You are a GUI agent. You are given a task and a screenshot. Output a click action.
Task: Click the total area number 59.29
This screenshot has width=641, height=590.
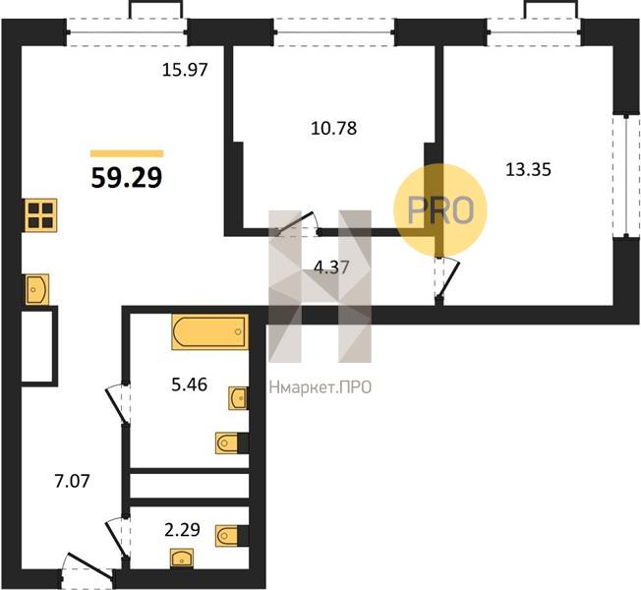coord(127,178)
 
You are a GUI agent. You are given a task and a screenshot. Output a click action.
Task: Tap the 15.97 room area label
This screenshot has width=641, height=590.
coord(185,70)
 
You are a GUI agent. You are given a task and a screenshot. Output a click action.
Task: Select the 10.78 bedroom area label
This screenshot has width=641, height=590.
coord(334,129)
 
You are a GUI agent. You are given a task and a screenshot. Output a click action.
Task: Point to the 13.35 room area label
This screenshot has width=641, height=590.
coord(529,169)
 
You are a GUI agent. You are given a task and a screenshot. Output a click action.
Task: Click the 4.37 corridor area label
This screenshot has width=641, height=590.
coord(331,267)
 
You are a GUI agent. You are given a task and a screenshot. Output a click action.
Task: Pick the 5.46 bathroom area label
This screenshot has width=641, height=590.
coord(190,384)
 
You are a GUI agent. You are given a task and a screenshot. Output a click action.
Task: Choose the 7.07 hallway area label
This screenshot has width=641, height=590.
coord(72,481)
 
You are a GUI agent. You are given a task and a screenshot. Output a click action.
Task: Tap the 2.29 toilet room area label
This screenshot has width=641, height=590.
coord(182,530)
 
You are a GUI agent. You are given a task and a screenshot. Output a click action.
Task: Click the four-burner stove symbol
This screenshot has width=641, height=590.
coord(41,215)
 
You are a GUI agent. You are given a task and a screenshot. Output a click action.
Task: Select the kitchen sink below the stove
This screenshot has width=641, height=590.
coord(37,289)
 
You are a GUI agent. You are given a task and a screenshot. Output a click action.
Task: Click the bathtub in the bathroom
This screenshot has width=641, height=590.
coord(210,331)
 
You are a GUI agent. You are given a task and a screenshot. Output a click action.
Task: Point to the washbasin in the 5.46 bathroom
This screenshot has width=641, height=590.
coord(238,398)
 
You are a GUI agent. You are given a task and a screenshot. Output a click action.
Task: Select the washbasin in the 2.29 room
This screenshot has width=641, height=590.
coord(182,559)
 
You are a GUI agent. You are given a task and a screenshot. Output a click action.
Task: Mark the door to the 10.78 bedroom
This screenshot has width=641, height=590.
coord(297,226)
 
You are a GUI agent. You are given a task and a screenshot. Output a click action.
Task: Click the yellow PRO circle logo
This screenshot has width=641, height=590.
coord(440,210)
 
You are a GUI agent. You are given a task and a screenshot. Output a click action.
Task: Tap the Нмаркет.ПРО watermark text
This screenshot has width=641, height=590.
coord(320,387)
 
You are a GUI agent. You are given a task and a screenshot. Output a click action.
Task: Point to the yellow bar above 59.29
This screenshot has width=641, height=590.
coord(127,153)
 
